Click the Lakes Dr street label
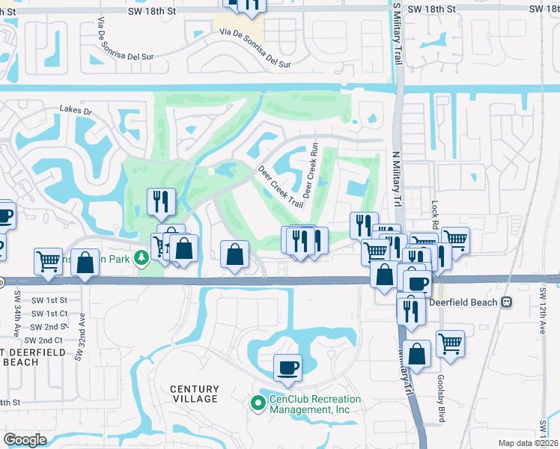click(x=76, y=111)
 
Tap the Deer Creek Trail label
click(x=281, y=186)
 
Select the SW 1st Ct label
click(x=49, y=314)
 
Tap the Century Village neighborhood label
click(x=195, y=394)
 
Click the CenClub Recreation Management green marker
click(x=258, y=403)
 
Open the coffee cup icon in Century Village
click(x=287, y=367)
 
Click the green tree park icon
click(x=141, y=258)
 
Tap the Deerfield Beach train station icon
click(x=507, y=302)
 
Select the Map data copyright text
click(x=529, y=443)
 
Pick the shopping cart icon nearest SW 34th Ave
click(x=48, y=261)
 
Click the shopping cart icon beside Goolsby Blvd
click(x=450, y=343)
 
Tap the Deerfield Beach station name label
click(x=464, y=302)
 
